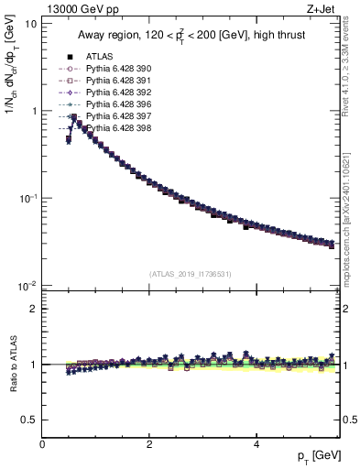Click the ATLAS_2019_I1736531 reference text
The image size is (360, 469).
191,274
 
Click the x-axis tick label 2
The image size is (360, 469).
149,443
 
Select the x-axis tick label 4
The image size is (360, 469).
256,443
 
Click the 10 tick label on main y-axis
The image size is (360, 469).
32,23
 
